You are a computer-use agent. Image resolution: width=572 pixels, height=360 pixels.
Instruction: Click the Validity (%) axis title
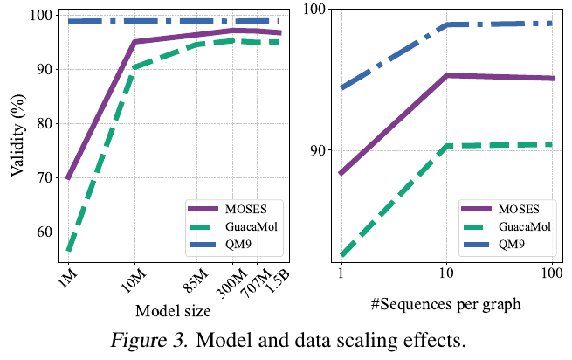pyautogui.click(x=17, y=137)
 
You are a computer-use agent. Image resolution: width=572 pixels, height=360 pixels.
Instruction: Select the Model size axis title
pyautogui.click(x=172, y=311)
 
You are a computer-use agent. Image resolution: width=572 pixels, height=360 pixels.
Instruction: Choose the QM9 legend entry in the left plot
pyautogui.click(x=234, y=246)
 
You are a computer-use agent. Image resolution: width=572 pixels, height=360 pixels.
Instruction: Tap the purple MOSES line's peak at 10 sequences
pyautogui.click(x=446, y=76)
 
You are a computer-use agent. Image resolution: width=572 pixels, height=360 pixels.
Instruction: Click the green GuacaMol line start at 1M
pyautogui.click(x=67, y=251)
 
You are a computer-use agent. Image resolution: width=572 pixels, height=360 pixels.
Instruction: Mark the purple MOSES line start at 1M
pyautogui.click(x=67, y=178)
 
